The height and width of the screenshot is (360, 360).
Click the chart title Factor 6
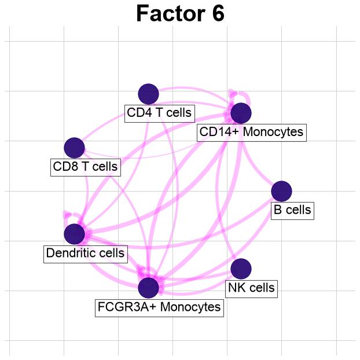180,13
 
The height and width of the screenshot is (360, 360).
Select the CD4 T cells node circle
149,94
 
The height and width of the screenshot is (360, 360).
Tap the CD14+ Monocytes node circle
241,113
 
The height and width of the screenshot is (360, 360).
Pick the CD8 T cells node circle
75,148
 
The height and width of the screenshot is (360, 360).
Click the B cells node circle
282,191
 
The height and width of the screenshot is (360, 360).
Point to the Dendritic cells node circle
75,234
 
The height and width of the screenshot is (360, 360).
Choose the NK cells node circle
241,269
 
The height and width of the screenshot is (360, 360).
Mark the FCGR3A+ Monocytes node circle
149,288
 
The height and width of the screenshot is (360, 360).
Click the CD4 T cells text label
159,113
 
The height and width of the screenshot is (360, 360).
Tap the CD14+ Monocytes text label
251,132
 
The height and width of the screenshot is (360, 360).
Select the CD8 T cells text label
85,167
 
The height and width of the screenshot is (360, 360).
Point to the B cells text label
292,210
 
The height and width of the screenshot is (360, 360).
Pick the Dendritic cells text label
85,253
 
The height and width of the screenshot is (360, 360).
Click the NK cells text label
251,288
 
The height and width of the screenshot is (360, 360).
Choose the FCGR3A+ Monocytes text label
159,307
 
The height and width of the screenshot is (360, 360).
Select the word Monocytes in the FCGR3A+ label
190,307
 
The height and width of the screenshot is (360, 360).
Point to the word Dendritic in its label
69,253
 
